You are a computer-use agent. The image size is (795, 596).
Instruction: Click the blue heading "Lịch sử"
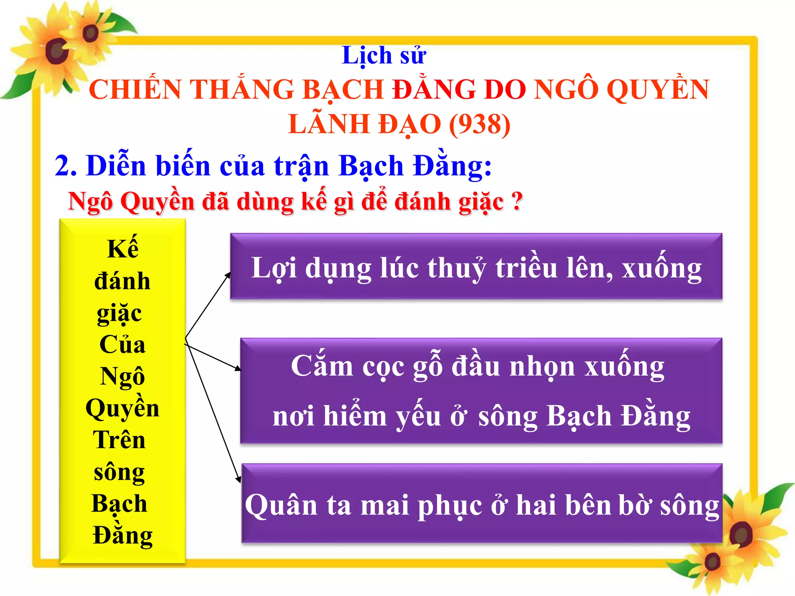click(x=384, y=56)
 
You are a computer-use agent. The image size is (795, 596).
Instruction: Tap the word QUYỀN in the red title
click(x=658, y=89)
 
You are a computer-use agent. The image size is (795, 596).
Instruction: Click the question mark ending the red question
click(x=516, y=202)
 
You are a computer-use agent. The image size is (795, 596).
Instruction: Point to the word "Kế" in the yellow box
click(x=123, y=248)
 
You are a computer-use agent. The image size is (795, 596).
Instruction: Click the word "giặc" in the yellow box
click(x=119, y=314)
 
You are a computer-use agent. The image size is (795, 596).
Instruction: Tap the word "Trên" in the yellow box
click(x=119, y=440)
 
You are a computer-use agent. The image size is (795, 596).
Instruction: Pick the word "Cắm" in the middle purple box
click(x=322, y=366)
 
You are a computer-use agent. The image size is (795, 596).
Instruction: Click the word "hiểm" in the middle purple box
click(x=355, y=416)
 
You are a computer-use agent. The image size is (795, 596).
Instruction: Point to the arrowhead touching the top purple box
click(x=228, y=275)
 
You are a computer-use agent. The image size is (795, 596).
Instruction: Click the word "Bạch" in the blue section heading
click(x=371, y=166)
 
